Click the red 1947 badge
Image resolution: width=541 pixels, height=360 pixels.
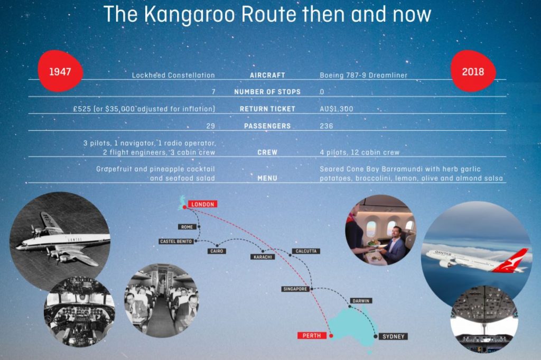[60, 71]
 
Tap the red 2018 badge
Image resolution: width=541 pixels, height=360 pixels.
[473, 71]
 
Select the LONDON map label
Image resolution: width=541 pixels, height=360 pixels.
[202, 205]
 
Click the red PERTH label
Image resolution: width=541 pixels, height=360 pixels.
[312, 336]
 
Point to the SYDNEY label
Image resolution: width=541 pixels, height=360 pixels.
[393, 336]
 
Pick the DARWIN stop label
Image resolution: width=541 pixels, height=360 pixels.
[361, 301]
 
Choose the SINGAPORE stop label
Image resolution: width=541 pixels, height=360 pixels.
[295, 289]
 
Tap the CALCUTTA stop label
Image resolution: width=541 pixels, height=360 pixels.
[306, 251]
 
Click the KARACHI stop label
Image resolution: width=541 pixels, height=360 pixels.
[263, 257]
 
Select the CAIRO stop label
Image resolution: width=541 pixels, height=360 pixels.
[217, 251]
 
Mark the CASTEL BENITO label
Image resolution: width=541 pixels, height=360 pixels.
[176, 241]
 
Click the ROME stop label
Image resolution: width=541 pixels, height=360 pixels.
[187, 227]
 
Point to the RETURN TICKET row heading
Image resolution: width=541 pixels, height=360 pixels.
[267, 109]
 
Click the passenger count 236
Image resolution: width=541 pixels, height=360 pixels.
[327, 126]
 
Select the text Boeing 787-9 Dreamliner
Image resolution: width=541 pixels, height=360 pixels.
[363, 75]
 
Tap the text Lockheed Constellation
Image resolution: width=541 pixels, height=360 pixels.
[173, 75]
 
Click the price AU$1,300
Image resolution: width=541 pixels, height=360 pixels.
[337, 109]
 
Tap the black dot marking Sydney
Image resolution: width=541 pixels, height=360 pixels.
[376, 336]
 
